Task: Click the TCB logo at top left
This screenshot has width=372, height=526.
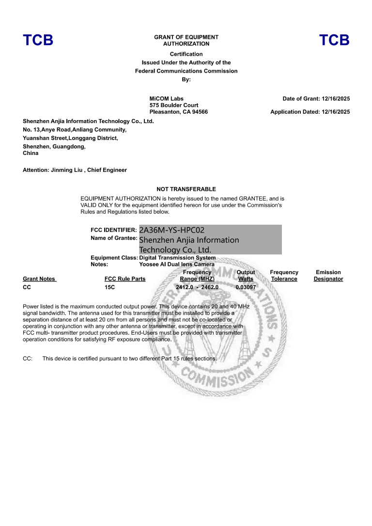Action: click(x=38, y=40)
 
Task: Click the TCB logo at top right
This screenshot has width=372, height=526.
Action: click(x=334, y=40)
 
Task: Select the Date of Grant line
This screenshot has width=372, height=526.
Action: click(x=316, y=99)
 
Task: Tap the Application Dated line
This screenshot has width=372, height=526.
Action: click(x=310, y=112)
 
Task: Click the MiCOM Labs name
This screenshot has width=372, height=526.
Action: click(x=167, y=99)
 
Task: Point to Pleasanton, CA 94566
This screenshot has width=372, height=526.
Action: click(x=179, y=112)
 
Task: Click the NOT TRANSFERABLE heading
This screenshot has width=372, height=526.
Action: click(x=186, y=189)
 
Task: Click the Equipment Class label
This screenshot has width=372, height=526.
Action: click(x=114, y=258)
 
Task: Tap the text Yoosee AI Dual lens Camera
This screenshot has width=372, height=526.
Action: click(x=177, y=264)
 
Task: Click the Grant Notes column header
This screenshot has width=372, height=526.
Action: click(x=39, y=279)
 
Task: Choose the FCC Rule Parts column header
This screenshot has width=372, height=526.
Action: click(x=125, y=279)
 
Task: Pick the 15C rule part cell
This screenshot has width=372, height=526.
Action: click(x=109, y=287)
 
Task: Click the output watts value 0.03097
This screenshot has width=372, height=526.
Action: click(x=246, y=287)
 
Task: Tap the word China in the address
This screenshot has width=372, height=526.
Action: click(x=31, y=153)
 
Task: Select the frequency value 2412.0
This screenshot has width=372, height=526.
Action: click(x=185, y=287)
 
